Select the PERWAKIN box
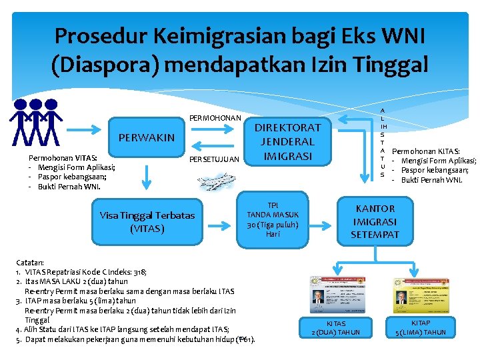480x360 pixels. pos(146,137)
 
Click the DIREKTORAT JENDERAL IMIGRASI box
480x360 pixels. pos(287,141)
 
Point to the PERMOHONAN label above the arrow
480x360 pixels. pos(215,118)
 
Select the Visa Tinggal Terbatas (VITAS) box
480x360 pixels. pos(147,221)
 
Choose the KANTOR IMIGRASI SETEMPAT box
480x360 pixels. pos(375,221)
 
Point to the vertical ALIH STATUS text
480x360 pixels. pos(382,143)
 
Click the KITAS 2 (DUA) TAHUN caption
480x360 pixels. pos(336,327)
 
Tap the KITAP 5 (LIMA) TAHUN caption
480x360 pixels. pos(421,327)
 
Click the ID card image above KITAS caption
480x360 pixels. pos(336,294)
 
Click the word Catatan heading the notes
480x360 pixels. pos(30,263)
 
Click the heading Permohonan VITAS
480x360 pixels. pos(53,158)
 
